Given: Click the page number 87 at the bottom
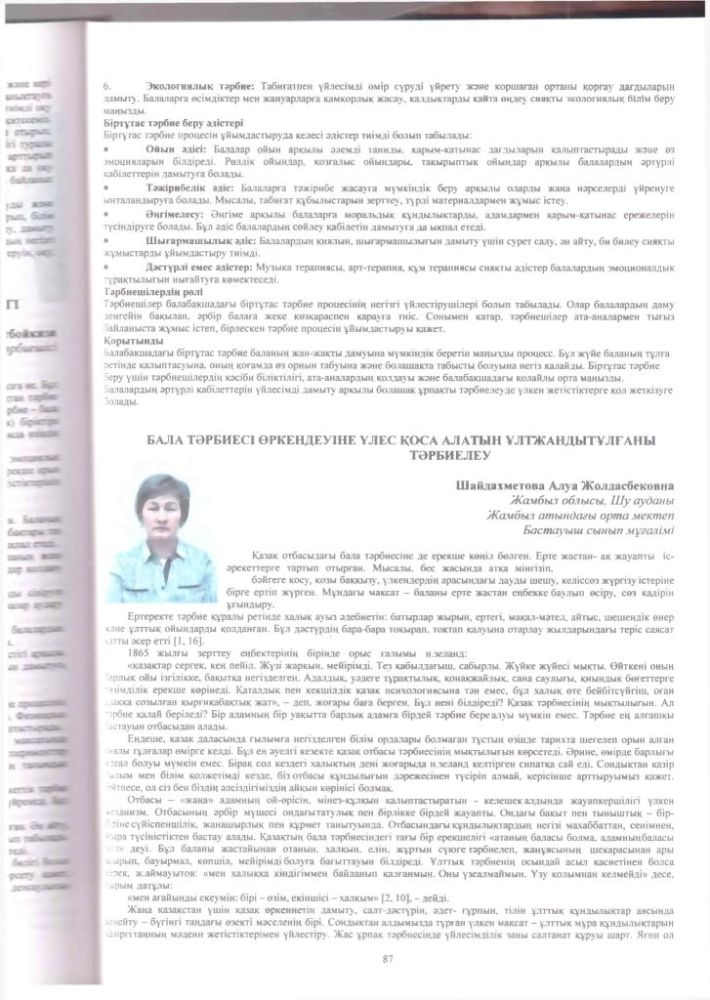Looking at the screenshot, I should pyautogui.click(x=388, y=960).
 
